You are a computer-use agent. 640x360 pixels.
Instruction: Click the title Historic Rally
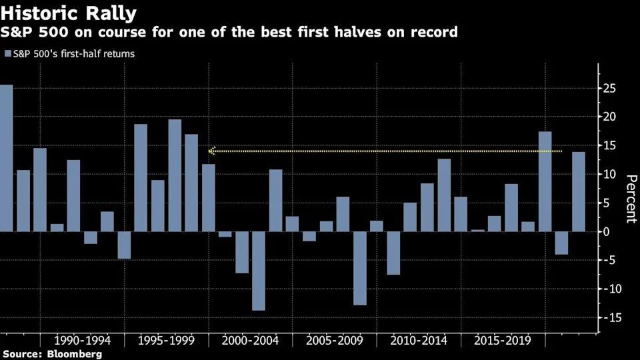pos(69,13)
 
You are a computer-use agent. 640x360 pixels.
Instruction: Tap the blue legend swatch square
pos(7,53)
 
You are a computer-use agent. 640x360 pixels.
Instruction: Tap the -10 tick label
pos(607,289)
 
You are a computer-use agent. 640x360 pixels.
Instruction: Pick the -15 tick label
pos(607,318)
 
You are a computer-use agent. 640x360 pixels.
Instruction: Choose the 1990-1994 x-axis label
pos(83,341)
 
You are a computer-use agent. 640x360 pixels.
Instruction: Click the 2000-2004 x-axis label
pos(251,341)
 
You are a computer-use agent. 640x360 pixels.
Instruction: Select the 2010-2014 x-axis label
pos(419,341)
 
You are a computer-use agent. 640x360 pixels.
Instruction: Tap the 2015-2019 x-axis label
pos(503,341)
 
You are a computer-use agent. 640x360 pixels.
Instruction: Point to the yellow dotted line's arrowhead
pos(211,151)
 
